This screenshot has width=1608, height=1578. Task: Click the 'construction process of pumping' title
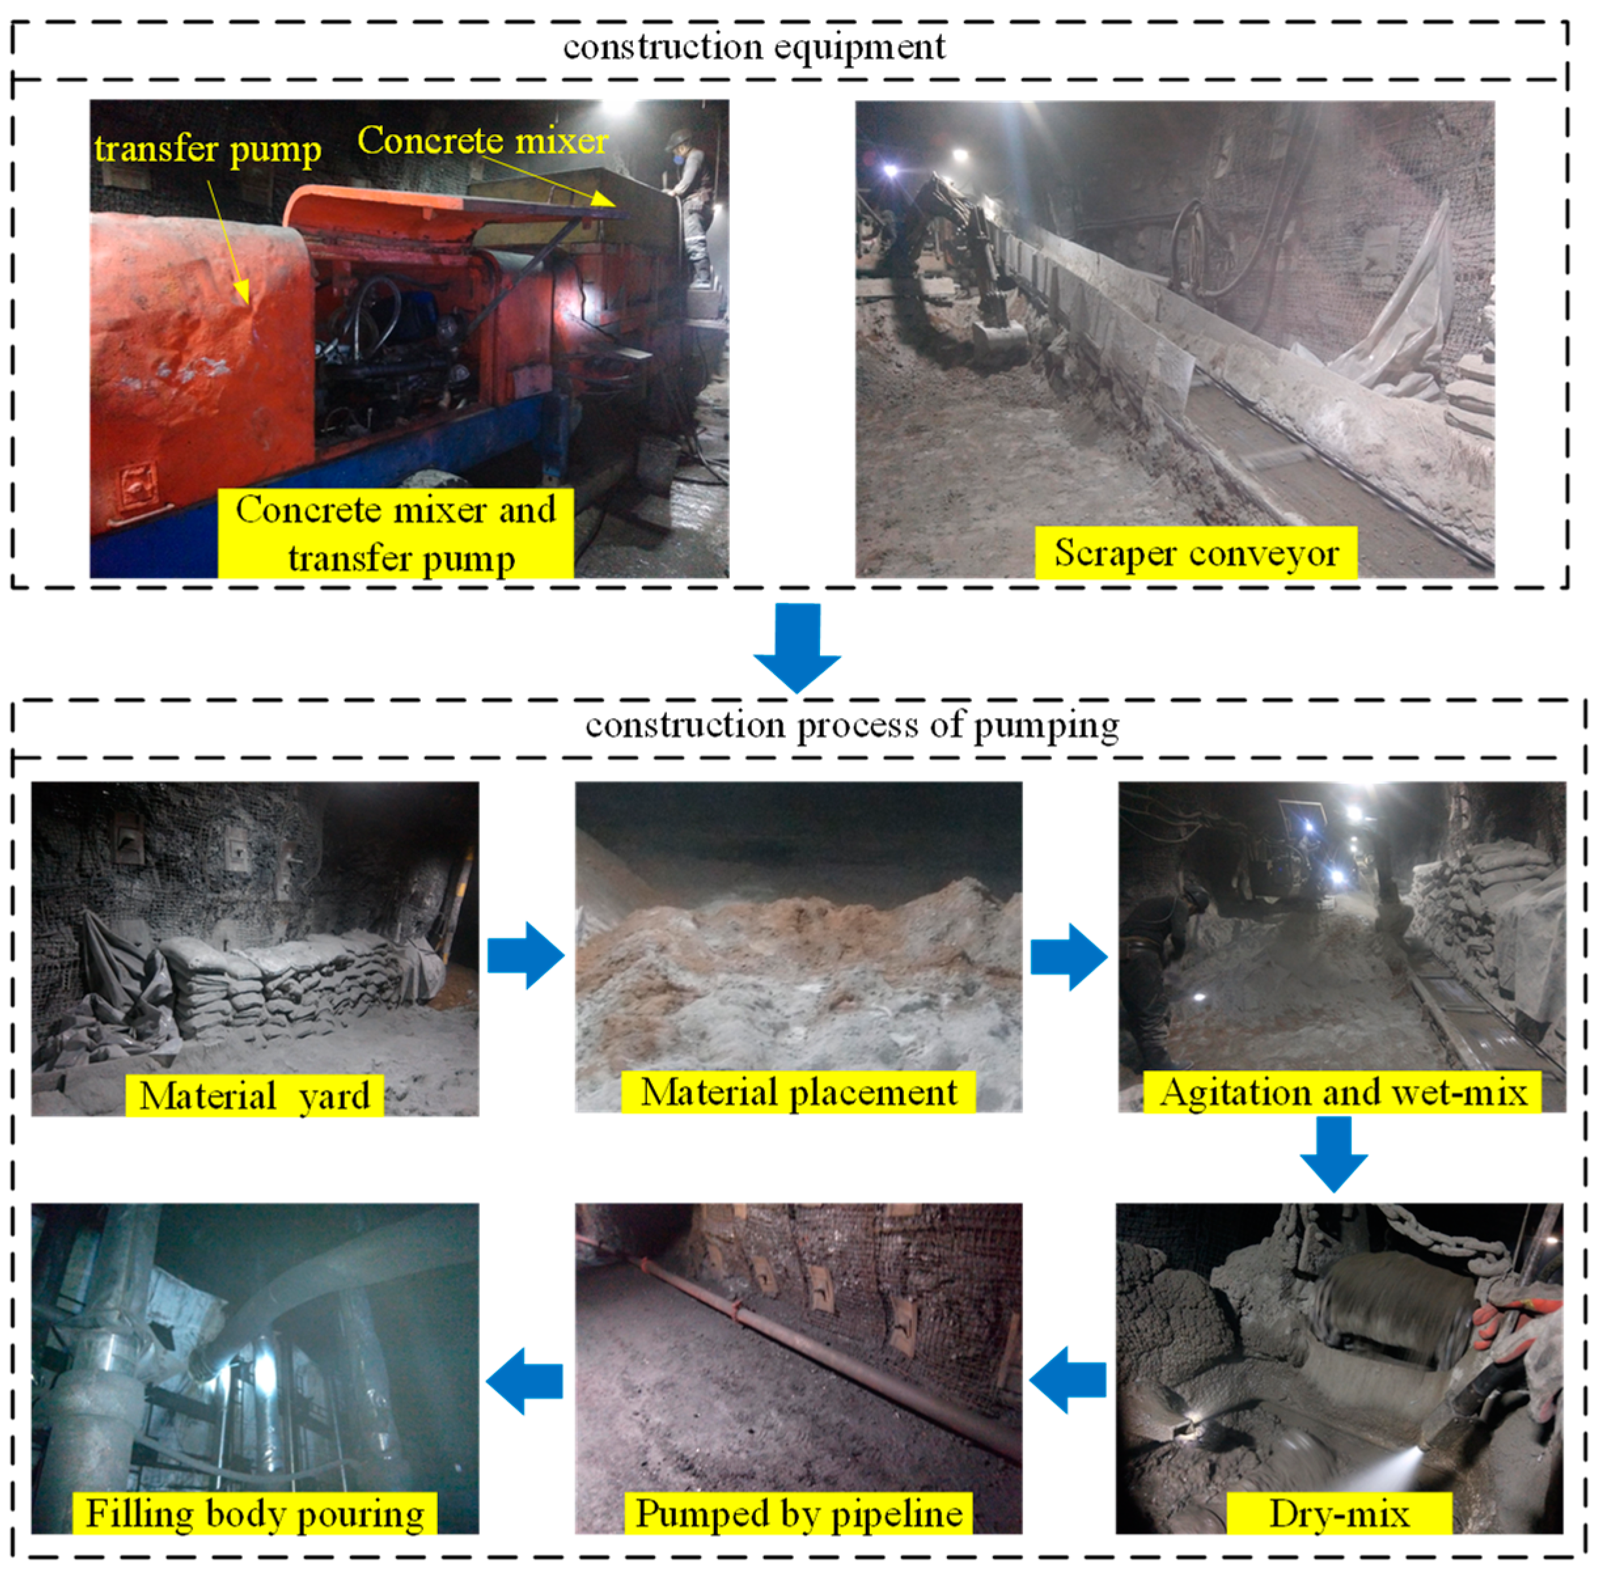(x=852, y=726)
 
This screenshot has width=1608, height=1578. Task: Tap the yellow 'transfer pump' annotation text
(x=207, y=150)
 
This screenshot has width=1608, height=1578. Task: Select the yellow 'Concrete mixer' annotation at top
(x=482, y=141)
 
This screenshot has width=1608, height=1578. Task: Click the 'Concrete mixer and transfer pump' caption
(x=395, y=533)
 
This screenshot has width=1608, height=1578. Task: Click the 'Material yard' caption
(x=255, y=1096)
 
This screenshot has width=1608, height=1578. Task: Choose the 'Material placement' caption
(x=798, y=1092)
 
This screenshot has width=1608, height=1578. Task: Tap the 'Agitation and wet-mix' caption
(x=1343, y=1092)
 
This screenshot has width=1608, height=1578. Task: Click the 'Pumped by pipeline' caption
(x=799, y=1513)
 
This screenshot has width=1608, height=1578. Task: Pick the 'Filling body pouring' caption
(x=255, y=1513)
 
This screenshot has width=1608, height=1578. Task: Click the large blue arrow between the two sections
(x=797, y=647)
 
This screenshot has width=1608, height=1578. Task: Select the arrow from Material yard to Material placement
(x=526, y=956)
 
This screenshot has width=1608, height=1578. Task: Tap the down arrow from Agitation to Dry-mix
(x=1334, y=1155)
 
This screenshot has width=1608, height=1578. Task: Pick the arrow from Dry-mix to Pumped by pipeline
(x=1067, y=1380)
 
